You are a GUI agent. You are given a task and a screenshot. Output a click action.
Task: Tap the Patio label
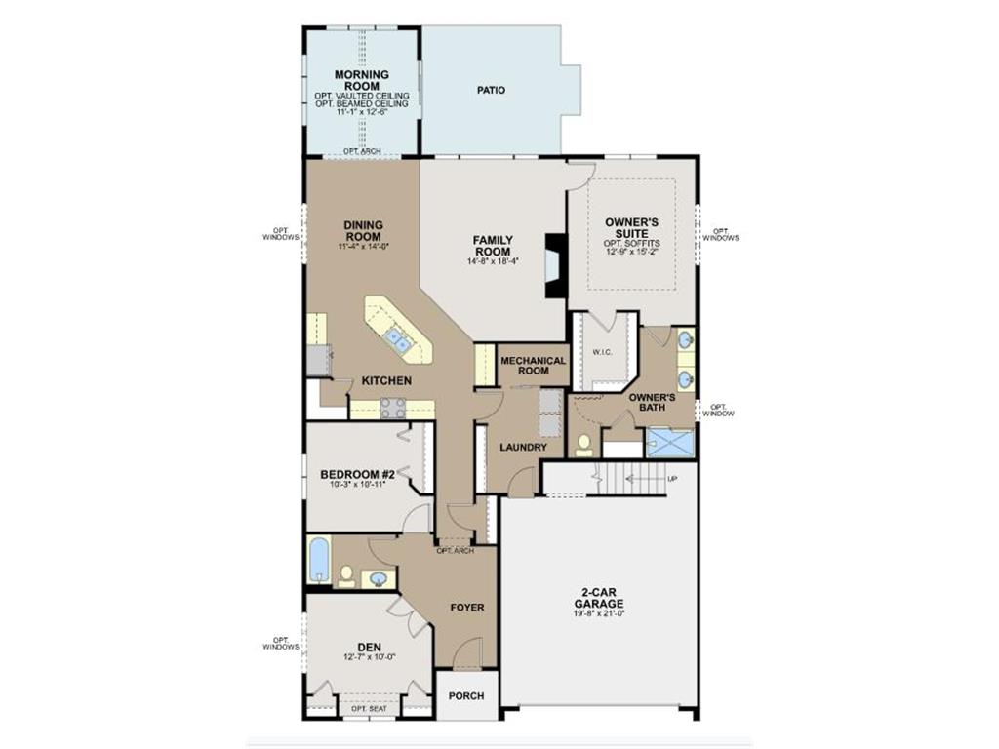pyautogui.click(x=491, y=91)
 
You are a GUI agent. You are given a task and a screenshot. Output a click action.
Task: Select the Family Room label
pyautogui.click(x=493, y=245)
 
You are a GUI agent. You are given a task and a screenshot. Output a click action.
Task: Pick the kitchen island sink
pyautogui.click(x=397, y=339)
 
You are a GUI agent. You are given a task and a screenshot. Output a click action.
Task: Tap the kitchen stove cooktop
pyautogui.click(x=392, y=408)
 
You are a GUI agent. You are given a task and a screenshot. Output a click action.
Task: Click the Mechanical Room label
pyautogui.click(x=533, y=366)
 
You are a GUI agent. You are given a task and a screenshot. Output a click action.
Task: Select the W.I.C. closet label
pyautogui.click(x=602, y=352)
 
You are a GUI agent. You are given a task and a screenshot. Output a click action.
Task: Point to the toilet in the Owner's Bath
pyautogui.click(x=584, y=445)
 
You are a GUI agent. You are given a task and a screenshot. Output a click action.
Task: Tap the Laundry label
pyautogui.click(x=523, y=448)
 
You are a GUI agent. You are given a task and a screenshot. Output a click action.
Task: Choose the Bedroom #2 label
pyautogui.click(x=356, y=475)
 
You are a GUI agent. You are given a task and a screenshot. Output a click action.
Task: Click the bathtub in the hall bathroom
pyautogui.click(x=319, y=561)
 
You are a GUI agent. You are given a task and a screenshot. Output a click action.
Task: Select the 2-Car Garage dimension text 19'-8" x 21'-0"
pyautogui.click(x=598, y=613)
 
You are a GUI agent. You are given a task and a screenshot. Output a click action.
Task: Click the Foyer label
pyautogui.click(x=467, y=608)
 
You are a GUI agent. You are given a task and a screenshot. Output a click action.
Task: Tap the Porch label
pyautogui.click(x=466, y=697)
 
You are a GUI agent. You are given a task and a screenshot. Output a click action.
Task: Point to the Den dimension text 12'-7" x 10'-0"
pyautogui.click(x=368, y=657)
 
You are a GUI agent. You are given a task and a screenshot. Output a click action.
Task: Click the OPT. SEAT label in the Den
pyautogui.click(x=369, y=708)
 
